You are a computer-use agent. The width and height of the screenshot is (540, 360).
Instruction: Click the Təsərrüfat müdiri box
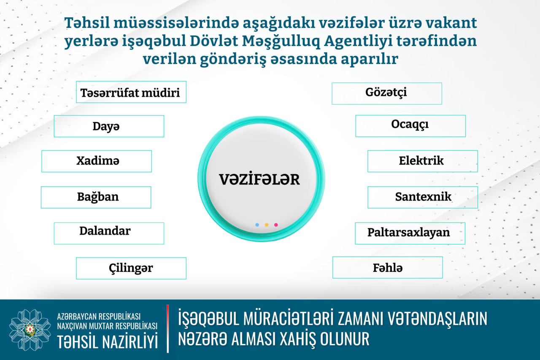[x=131, y=92]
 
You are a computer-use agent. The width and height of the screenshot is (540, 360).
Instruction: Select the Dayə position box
[x=109, y=126]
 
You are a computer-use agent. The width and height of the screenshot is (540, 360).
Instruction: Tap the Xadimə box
[x=97, y=161]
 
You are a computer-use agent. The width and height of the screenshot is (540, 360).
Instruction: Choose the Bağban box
[x=96, y=197]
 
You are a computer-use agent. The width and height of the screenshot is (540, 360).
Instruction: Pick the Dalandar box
[x=109, y=233]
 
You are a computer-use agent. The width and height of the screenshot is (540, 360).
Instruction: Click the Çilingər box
[x=131, y=268]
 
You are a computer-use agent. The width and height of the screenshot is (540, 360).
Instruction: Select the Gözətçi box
[x=387, y=94]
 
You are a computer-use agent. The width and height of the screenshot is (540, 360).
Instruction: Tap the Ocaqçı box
[x=410, y=126]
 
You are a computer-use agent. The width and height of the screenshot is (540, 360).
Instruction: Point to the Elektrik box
[x=423, y=161]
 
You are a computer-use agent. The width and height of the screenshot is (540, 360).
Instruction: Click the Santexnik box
[x=423, y=197]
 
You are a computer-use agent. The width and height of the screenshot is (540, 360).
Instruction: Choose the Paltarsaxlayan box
[x=410, y=233]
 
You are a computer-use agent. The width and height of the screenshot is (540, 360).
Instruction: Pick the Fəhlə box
[x=388, y=268]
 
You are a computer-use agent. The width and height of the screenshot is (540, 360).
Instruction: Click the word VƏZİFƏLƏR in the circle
[x=259, y=179]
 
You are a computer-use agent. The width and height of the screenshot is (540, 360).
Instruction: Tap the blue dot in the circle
[x=257, y=225]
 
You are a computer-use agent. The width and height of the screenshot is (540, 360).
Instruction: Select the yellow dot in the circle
[x=267, y=225]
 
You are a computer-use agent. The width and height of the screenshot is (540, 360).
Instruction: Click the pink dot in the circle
[x=276, y=225]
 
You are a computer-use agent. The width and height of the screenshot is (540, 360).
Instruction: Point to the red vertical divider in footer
[x=168, y=329]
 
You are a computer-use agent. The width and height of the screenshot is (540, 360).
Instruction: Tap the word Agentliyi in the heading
[x=358, y=41]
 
